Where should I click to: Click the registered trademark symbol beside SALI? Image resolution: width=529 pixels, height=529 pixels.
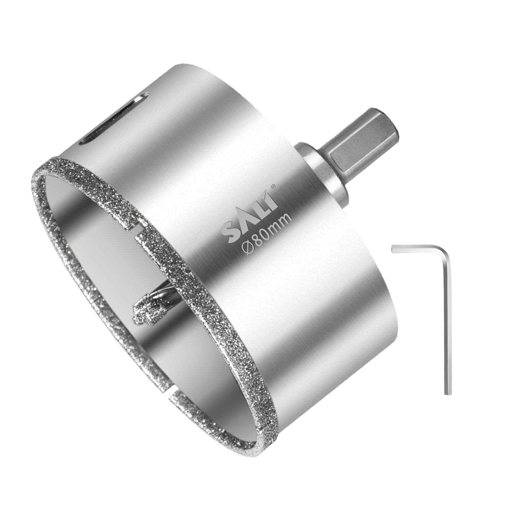tap(273, 186)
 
